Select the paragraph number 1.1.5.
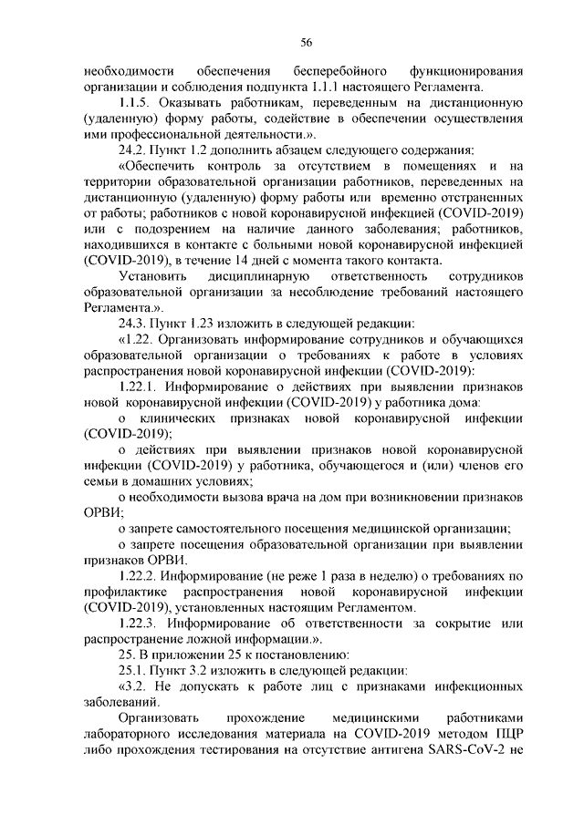coord(137,105)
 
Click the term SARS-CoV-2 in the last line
coord(471,748)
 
